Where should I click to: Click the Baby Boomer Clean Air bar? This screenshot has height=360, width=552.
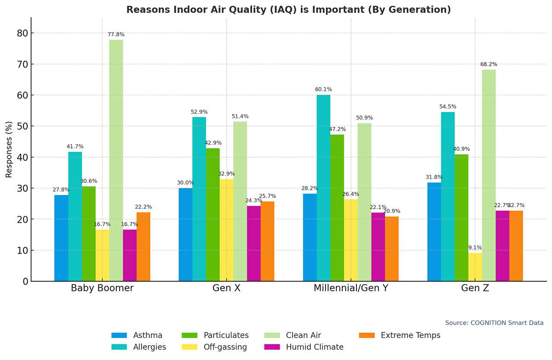(x=116, y=160)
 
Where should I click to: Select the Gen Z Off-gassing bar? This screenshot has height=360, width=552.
(x=475, y=267)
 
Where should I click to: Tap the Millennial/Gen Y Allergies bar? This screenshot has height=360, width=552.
(x=323, y=188)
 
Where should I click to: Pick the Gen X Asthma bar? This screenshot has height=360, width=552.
(x=185, y=234)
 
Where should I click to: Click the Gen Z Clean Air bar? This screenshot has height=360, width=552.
(x=489, y=175)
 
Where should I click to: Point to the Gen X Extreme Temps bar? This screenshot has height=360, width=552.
(x=267, y=241)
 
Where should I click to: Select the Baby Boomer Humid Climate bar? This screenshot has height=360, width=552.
(x=130, y=255)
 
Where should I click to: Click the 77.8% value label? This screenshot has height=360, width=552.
(x=116, y=34)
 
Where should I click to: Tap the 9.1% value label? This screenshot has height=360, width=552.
(x=475, y=247)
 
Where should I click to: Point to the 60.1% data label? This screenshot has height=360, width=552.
(x=323, y=89)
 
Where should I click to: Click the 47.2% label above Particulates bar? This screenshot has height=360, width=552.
(x=337, y=129)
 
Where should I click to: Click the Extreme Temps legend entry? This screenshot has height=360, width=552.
(x=401, y=335)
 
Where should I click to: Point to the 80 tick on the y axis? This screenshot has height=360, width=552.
(x=23, y=33)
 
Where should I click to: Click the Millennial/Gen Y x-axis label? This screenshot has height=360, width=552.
(x=351, y=289)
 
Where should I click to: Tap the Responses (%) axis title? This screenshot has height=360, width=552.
(x=9, y=149)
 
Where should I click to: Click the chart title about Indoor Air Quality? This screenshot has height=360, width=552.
(x=288, y=10)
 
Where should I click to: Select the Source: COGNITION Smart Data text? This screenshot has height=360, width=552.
(x=494, y=323)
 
